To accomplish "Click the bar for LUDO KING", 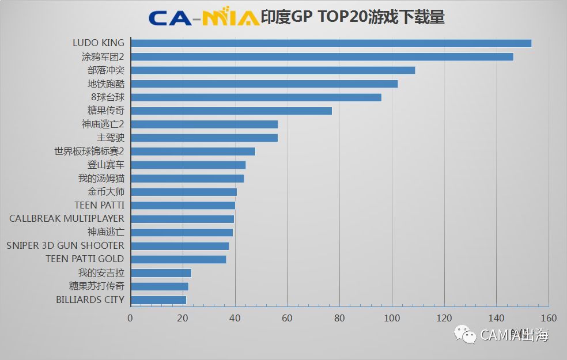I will (x=331, y=43).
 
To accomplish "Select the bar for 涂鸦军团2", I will (x=322, y=56).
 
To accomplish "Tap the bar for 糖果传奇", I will (x=232, y=111).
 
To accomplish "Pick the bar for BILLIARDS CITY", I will (x=158, y=300).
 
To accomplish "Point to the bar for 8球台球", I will (x=256, y=97).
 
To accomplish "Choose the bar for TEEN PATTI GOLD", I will (x=179, y=259).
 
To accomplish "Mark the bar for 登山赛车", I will (x=188, y=165).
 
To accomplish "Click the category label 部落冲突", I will (x=106, y=70).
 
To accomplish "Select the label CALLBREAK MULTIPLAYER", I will (x=67, y=219).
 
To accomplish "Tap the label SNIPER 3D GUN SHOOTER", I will (x=65, y=246).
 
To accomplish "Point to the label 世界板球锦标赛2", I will (x=89, y=151).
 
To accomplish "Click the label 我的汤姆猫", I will (x=101, y=179).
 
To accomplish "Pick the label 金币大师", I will (x=106, y=192).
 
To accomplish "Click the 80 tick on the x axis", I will (x=339, y=318).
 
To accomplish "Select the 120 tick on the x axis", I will (x=444, y=318).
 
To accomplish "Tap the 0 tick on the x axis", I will (x=130, y=318).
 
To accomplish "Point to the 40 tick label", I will (x=235, y=318).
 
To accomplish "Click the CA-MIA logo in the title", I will (x=203, y=17).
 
